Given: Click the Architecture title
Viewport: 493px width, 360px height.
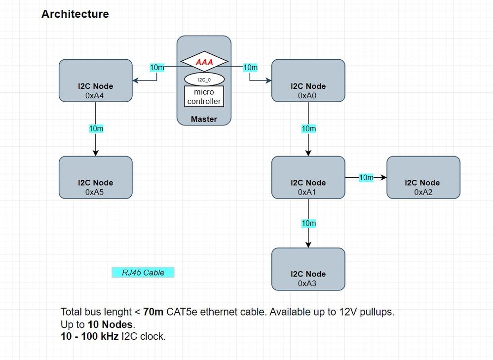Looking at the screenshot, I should tap(75, 14).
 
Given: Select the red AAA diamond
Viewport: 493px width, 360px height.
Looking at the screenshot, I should tap(204, 62).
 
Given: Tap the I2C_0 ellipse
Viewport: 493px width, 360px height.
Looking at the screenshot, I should tap(204, 79).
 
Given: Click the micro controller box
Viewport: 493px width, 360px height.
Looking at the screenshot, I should tap(204, 97).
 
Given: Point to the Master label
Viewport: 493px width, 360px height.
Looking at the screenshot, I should tap(204, 119).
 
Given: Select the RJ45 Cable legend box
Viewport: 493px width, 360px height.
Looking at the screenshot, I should tap(143, 273).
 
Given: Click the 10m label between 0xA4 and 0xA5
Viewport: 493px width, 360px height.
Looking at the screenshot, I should tap(96, 129).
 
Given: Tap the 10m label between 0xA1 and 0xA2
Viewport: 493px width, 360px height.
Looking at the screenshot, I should tap(366, 177).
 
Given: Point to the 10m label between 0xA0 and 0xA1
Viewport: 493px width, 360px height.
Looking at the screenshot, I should tap(308, 129).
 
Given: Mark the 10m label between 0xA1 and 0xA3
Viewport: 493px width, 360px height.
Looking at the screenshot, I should tap(308, 223).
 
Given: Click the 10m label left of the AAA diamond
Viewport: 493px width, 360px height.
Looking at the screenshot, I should tap(157, 67).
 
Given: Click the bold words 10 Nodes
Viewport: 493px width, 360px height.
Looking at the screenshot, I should tap(111, 324).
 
